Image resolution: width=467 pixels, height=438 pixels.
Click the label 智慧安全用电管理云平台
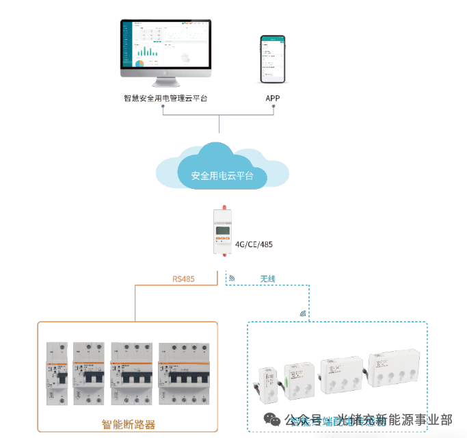(x=165, y=98)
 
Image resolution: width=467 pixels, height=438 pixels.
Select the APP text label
(x=273, y=98)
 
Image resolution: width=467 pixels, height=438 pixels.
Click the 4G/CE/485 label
(x=254, y=244)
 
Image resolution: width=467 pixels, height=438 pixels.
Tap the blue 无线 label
(x=267, y=279)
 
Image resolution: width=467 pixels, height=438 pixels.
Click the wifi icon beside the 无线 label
(x=232, y=279)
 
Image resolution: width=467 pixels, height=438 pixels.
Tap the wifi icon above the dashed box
(x=303, y=313)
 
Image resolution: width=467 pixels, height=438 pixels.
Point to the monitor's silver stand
(x=166, y=83)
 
